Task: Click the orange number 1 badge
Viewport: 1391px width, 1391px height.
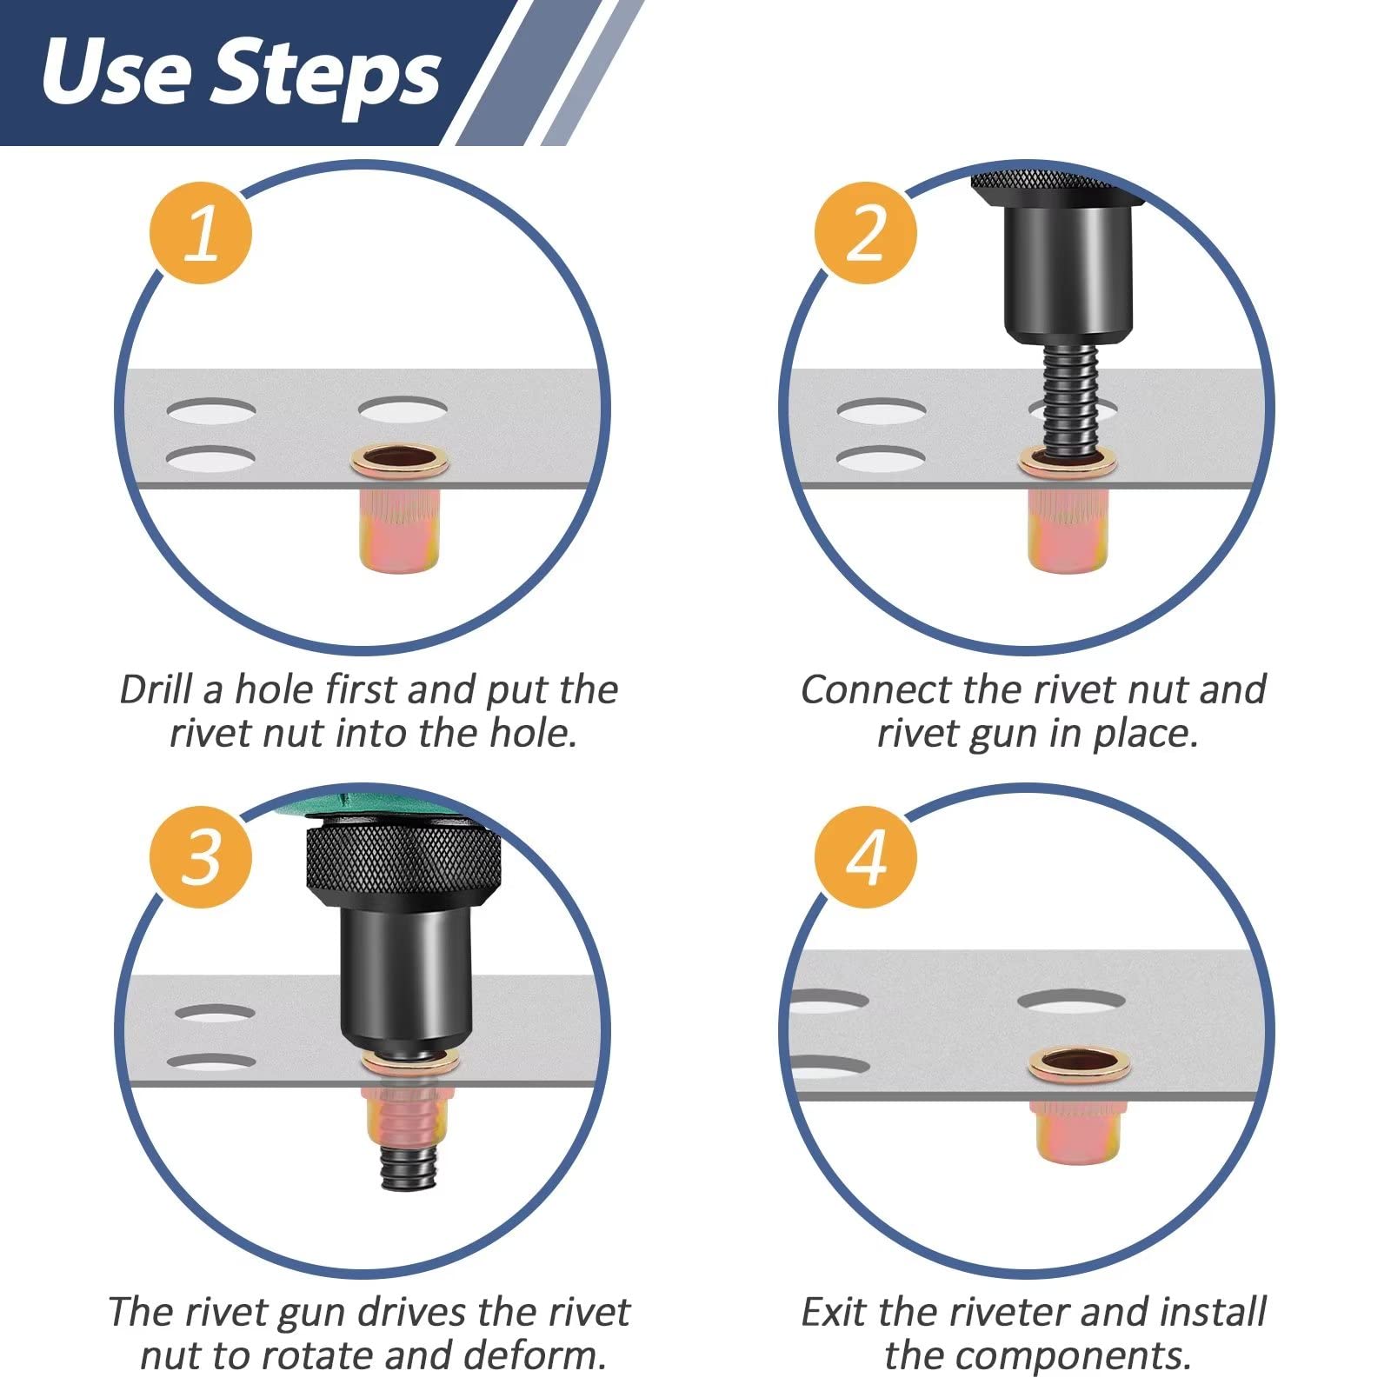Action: [201, 233]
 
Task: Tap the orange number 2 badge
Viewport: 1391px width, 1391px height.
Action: [866, 233]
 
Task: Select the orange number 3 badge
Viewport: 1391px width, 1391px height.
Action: [201, 856]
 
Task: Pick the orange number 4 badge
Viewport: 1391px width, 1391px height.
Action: [866, 856]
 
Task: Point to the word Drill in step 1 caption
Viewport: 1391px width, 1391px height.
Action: [156, 689]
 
